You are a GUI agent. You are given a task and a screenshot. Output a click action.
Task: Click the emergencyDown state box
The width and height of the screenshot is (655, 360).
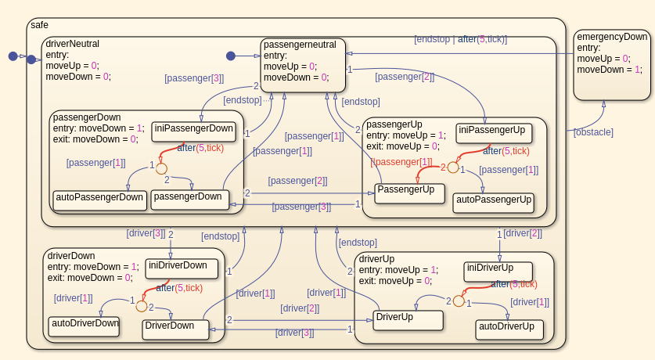pos(612,66)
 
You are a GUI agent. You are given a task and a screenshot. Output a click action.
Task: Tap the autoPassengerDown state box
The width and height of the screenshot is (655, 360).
pos(99,200)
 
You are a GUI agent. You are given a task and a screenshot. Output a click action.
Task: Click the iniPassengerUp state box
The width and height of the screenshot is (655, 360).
pos(491,132)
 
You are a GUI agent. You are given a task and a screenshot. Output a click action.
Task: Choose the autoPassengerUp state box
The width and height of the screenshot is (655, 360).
pos(493,203)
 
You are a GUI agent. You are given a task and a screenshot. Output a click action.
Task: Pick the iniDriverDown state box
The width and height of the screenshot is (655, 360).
pos(182,268)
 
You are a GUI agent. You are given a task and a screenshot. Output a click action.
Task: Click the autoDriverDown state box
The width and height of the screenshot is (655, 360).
pos(85,326)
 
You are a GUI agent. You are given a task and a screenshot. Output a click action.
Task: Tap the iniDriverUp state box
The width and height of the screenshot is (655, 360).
pos(498,271)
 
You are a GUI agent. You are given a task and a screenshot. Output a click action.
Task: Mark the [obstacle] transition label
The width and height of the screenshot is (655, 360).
pos(593,132)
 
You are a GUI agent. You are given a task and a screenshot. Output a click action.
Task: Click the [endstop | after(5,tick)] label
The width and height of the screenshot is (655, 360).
pos(460,39)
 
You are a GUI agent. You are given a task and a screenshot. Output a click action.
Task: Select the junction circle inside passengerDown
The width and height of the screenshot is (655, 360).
pos(161,168)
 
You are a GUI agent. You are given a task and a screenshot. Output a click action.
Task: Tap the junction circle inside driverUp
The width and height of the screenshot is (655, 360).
pos(459,300)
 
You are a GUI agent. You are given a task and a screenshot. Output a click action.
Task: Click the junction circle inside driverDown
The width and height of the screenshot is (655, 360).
pos(141,306)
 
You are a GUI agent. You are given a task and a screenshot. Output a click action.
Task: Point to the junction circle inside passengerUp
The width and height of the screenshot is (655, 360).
pos(452,167)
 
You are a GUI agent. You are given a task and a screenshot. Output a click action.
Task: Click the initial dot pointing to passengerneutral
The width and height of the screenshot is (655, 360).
pos(230,56)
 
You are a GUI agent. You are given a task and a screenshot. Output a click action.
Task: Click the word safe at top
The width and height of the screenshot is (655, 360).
pos(39,25)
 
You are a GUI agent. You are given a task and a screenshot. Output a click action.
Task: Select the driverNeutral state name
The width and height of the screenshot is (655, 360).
pos(73,44)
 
